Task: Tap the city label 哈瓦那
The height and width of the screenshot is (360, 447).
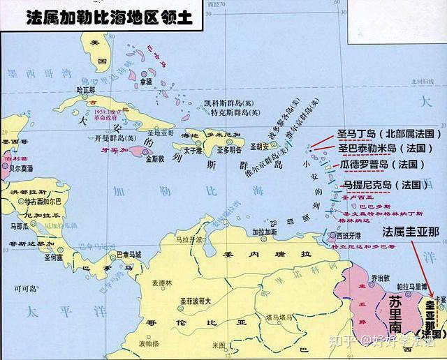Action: (85, 90)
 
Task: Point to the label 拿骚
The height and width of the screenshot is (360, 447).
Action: (145, 82)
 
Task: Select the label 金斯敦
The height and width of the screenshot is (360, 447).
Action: (155, 158)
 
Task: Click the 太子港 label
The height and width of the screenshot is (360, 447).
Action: (193, 149)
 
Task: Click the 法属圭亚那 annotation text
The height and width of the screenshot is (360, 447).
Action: (411, 232)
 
